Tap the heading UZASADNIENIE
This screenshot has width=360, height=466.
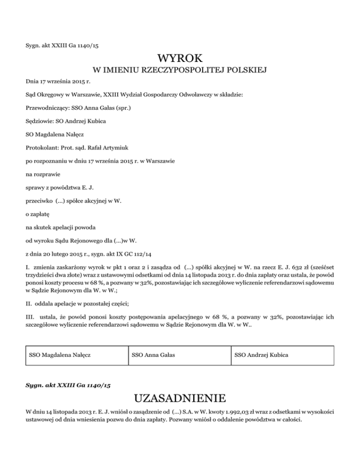[x=180, y=398]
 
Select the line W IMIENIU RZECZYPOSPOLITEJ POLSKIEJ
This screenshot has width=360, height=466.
[x=180, y=71]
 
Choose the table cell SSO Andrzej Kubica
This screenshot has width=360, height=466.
[x=262, y=355]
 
